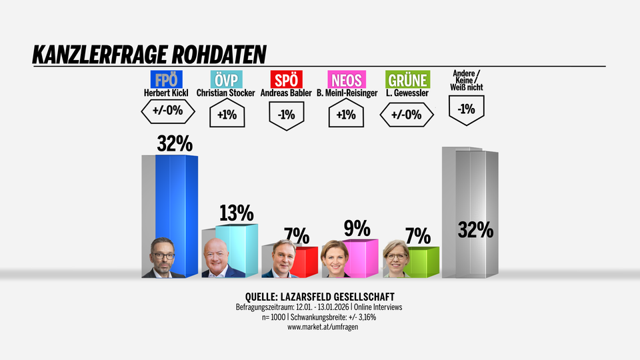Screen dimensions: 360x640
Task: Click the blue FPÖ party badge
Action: pyautogui.click(x=168, y=80)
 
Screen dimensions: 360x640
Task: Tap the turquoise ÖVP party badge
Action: pyautogui.click(x=225, y=80)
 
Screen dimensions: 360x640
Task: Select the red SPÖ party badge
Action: pyautogui.click(x=286, y=80)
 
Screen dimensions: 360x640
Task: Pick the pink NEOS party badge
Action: pyautogui.click(x=347, y=80)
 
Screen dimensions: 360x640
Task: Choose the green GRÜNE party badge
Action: pyautogui.click(x=407, y=80)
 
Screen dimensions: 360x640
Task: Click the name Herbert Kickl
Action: pyautogui.click(x=168, y=93)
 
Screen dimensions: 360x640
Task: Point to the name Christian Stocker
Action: pyautogui.click(x=225, y=93)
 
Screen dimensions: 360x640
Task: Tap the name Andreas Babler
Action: pyautogui.click(x=286, y=93)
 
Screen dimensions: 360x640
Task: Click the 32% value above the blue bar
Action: pyautogui.click(x=175, y=143)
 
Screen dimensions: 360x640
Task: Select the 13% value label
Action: pyautogui.click(x=237, y=213)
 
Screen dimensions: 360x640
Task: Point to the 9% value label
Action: pyautogui.click(x=357, y=229)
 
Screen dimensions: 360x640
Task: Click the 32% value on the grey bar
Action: pyautogui.click(x=475, y=230)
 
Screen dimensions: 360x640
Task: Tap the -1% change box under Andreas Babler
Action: pyautogui.click(x=286, y=115)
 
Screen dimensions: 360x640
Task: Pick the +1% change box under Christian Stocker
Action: pyautogui.click(x=227, y=115)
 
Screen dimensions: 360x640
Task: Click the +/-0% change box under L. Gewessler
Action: pyautogui.click(x=407, y=115)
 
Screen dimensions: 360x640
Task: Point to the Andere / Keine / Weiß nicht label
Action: pyautogui.click(x=467, y=80)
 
